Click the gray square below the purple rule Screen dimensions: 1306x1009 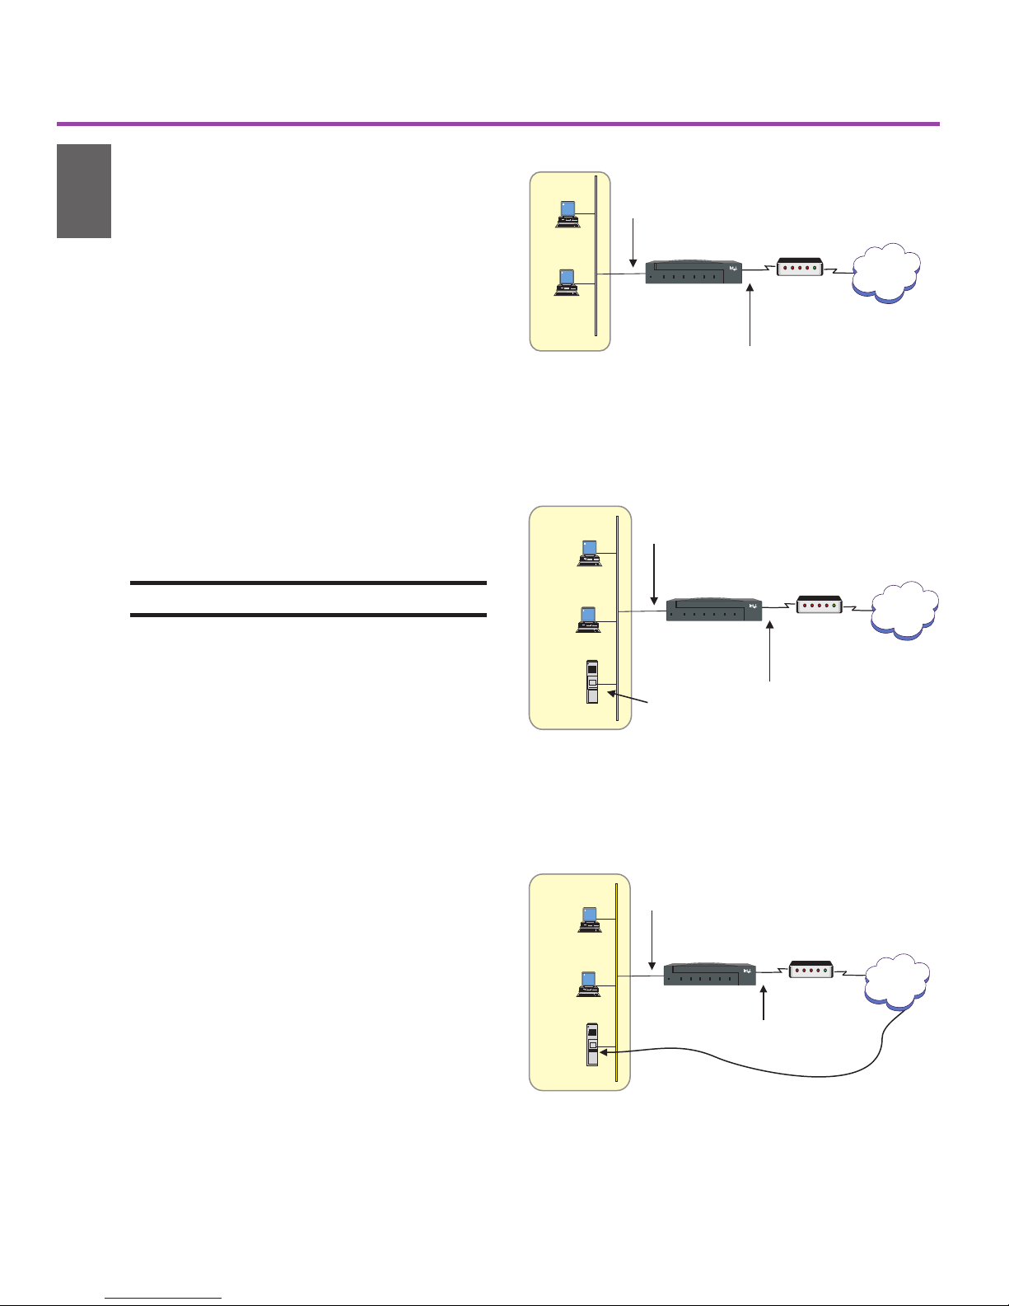(84, 191)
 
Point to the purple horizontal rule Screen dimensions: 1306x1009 (497, 124)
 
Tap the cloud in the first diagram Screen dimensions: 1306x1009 (886, 274)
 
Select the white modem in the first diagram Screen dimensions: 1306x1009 (800, 267)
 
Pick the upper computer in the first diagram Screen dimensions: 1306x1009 (568, 213)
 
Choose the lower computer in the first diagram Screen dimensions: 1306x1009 (568, 283)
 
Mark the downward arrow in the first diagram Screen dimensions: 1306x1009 (633, 242)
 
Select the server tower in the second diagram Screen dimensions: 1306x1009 (592, 682)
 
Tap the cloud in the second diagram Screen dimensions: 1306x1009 (905, 611)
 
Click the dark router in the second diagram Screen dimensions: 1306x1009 (713, 609)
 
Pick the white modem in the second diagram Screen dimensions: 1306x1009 (819, 605)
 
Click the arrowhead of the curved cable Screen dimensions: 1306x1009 (605, 1051)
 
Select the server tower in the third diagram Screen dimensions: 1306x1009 (592, 1045)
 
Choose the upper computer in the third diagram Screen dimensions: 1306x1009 (588, 919)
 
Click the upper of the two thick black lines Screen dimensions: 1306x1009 (309, 583)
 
